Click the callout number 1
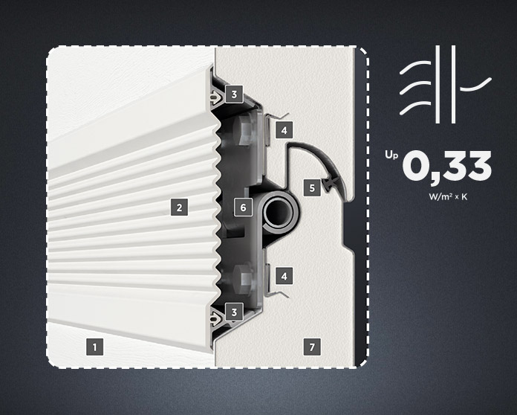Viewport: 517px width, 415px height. [94, 347]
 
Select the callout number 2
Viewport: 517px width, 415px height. [179, 207]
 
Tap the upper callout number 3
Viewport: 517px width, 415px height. [234, 94]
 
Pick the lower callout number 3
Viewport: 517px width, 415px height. [234, 312]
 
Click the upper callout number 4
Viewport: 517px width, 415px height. [284, 130]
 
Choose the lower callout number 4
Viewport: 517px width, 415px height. [284, 276]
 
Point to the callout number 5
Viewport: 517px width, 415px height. [312, 188]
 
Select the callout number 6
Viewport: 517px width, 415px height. [243, 207]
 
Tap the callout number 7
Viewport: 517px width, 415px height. [312, 347]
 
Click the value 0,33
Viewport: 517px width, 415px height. [446, 166]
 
